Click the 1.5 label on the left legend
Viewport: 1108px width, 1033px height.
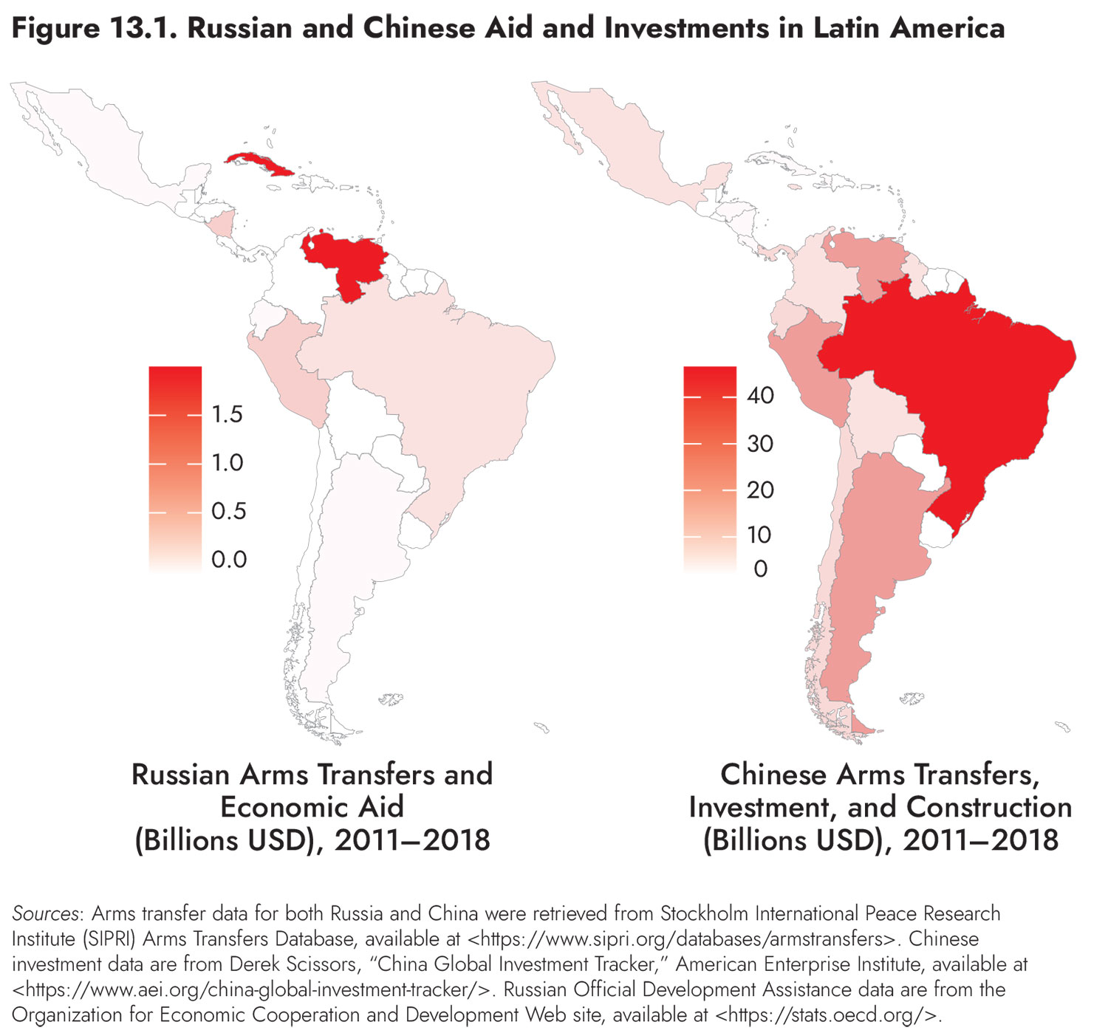tap(227, 415)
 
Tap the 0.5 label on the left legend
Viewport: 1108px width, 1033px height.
tap(228, 511)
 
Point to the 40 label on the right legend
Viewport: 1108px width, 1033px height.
tap(760, 396)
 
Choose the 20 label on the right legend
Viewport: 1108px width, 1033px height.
tap(760, 490)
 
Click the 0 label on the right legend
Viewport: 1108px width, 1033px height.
tap(760, 569)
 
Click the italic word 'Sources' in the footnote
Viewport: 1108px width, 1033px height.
tap(45, 913)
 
